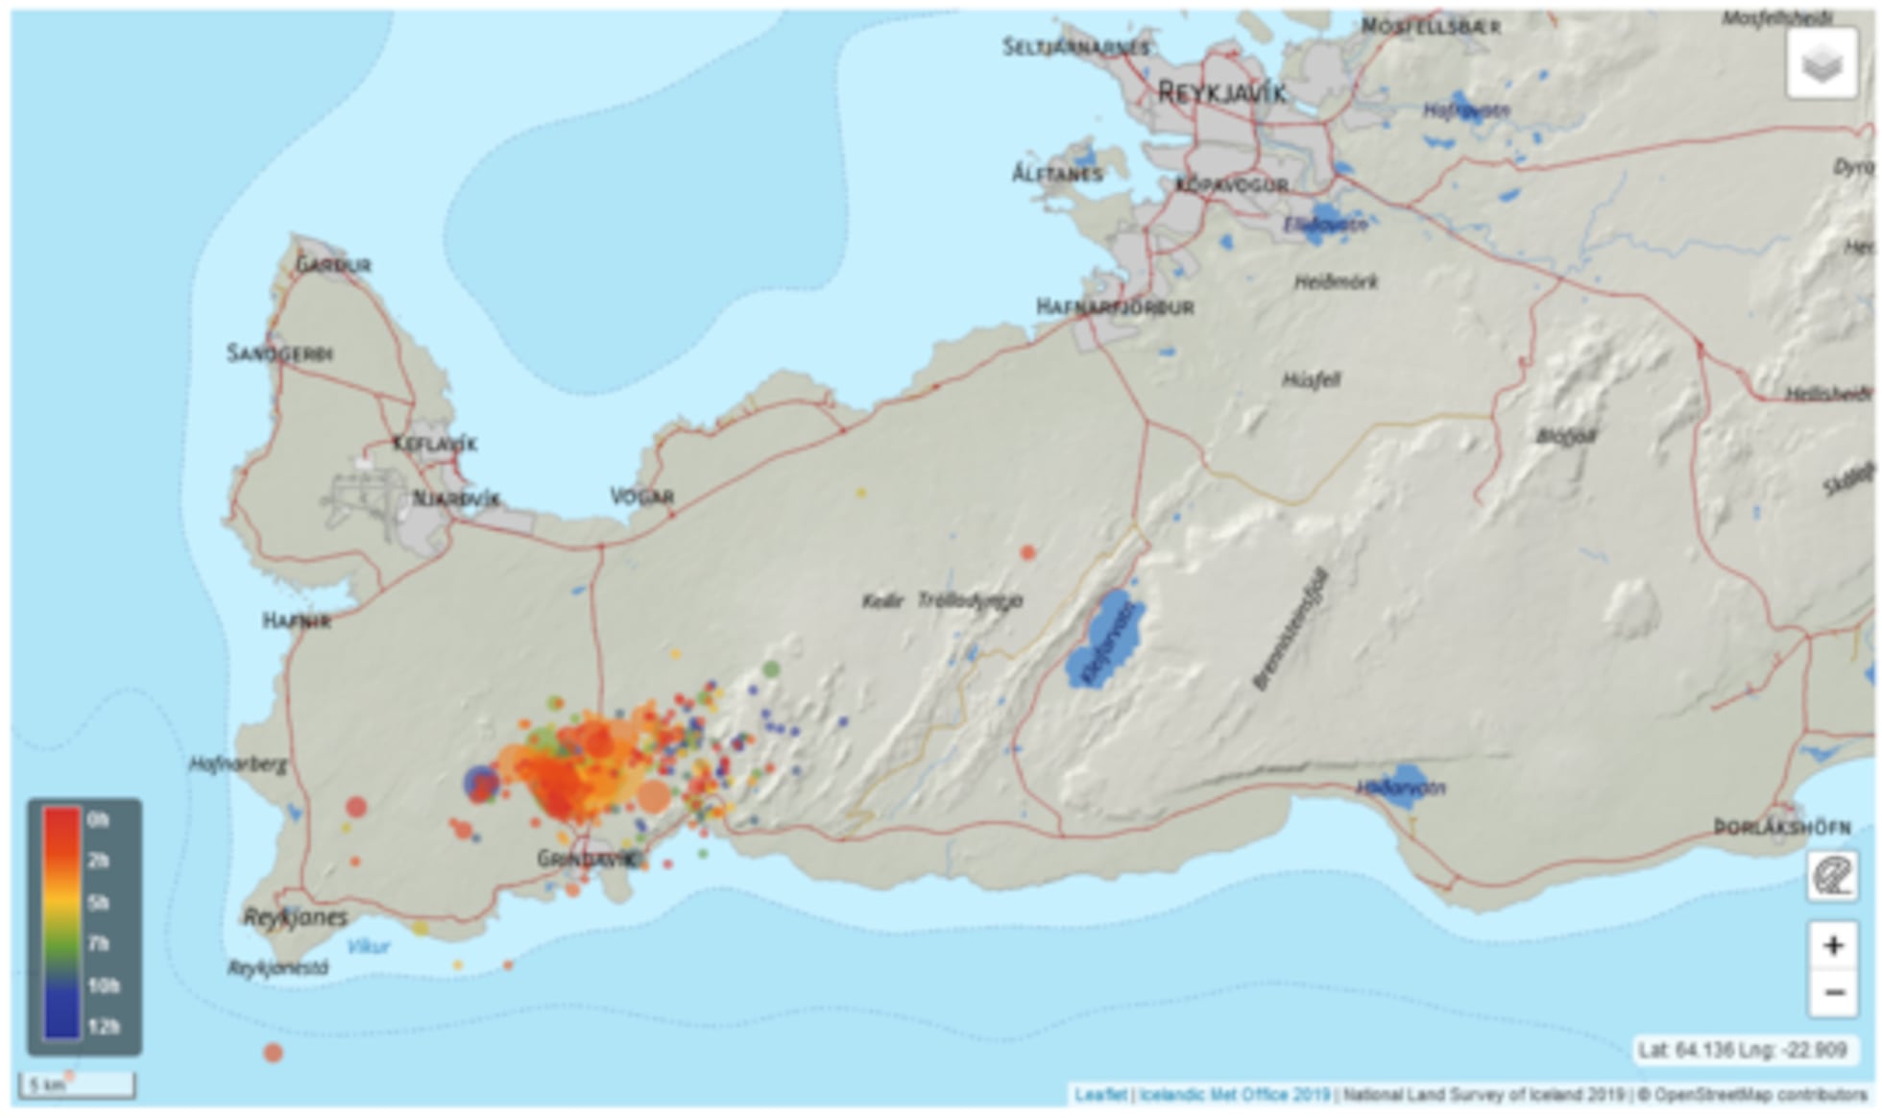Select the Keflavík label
pyautogui.click(x=435, y=444)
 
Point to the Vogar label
pyautogui.click(x=642, y=497)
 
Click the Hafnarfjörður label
pyautogui.click(x=1115, y=307)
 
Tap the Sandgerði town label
pyautogui.click(x=279, y=353)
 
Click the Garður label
pyautogui.click(x=333, y=264)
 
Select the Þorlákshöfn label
pyautogui.click(x=1782, y=827)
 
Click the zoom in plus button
pyautogui.click(x=1833, y=945)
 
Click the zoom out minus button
pyautogui.click(x=1833, y=991)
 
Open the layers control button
pyautogui.click(x=1822, y=63)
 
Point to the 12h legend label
pyautogui.click(x=103, y=1027)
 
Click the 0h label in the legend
pyautogui.click(x=98, y=820)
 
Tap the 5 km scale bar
pyautogui.click(x=77, y=1085)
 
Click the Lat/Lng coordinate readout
pyautogui.click(x=1743, y=1050)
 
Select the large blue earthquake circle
pyautogui.click(x=481, y=783)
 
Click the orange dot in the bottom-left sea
pyautogui.click(x=273, y=1053)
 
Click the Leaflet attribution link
pyautogui.click(x=1100, y=1095)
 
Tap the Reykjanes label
pyautogui.click(x=295, y=916)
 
